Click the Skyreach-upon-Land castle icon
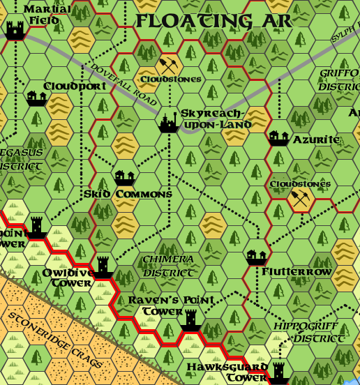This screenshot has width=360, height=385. [168, 122]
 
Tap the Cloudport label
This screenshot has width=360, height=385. [75, 86]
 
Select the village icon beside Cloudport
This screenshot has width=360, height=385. [35, 98]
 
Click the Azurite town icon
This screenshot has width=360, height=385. [278, 137]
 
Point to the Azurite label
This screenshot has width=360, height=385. [316, 139]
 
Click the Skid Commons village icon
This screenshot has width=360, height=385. [125, 177]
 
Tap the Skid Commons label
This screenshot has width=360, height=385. [128, 194]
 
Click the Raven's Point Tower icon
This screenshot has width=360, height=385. [190, 320]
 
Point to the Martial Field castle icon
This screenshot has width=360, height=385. [15, 29]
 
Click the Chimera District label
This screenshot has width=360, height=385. [167, 266]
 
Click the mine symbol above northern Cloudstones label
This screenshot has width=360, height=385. [168, 66]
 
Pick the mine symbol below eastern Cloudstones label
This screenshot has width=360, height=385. [300, 197]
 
